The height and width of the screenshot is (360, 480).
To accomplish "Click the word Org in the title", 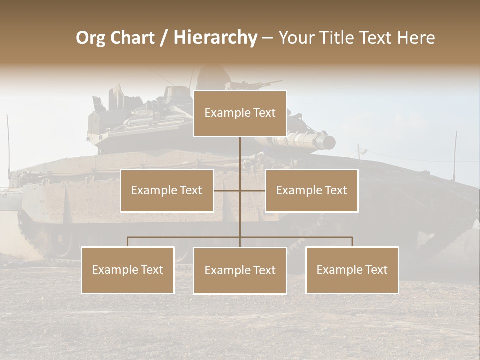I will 90,38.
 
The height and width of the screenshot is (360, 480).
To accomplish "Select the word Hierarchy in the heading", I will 215,38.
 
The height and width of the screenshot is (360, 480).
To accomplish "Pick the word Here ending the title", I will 416,38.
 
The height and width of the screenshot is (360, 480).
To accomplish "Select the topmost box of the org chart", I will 240,113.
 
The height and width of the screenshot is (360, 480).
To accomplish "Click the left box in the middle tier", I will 167,190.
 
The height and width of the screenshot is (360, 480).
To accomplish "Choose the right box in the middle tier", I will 311,190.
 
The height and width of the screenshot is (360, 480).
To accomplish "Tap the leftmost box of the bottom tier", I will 128,270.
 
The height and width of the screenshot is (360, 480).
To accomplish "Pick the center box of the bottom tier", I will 240,270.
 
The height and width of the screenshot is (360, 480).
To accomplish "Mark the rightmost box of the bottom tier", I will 352,270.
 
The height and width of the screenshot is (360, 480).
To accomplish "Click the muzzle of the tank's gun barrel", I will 329,142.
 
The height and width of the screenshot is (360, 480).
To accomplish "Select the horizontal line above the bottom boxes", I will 185,237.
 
